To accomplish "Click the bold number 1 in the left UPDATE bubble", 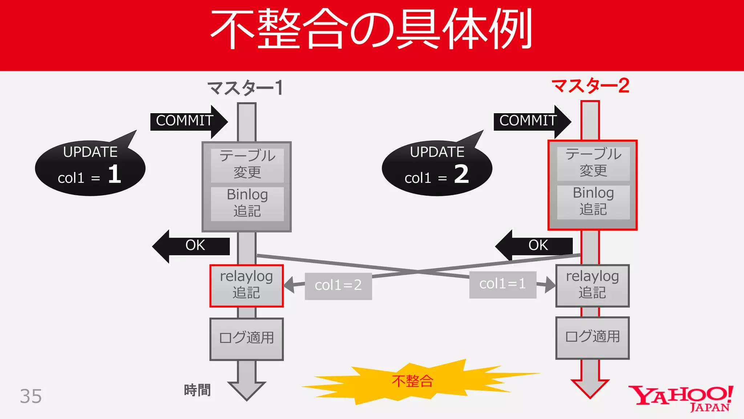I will click(x=114, y=174).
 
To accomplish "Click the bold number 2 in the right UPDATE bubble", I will click(x=461, y=174).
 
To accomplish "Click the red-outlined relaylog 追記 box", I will click(x=246, y=286).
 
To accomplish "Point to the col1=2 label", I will click(x=338, y=286).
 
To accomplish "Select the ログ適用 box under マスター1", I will click(x=246, y=339).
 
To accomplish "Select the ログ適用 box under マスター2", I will click(x=593, y=337).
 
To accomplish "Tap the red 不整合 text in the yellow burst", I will click(x=413, y=381).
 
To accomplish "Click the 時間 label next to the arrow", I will click(x=197, y=390).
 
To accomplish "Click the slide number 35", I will click(x=31, y=396).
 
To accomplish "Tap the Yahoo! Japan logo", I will click(x=681, y=398).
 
